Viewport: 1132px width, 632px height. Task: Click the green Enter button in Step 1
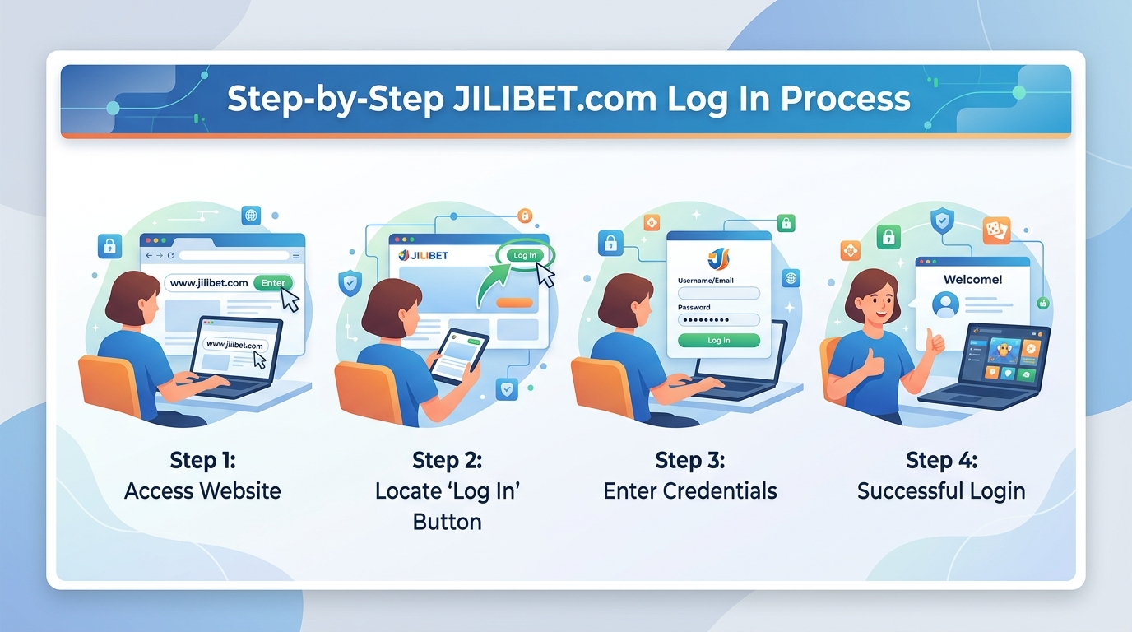point(273,283)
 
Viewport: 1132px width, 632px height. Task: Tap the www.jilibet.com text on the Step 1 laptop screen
point(234,345)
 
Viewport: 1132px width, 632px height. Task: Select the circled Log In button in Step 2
point(524,255)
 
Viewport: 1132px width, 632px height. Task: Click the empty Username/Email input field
point(718,294)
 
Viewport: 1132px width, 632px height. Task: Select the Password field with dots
point(718,320)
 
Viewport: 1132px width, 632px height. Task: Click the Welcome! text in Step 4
point(972,280)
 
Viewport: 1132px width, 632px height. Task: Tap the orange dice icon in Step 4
point(996,230)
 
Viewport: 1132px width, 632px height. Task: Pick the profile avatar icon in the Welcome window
point(945,305)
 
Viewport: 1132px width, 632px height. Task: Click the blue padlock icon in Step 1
point(109,245)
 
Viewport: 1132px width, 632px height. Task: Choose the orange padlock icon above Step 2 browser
point(524,216)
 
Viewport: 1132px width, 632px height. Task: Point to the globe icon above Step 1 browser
point(251,216)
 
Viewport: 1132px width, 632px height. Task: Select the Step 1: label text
point(202,459)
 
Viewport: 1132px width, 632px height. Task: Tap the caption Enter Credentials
point(689,491)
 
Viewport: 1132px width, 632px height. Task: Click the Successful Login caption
point(941,491)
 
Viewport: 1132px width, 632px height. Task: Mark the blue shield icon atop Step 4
point(942,221)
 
